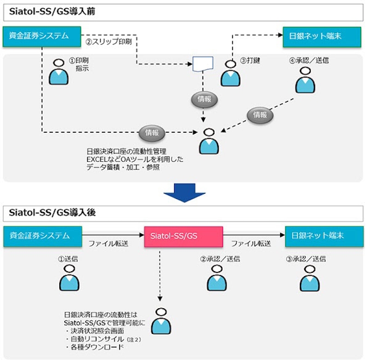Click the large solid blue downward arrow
coord(185,192)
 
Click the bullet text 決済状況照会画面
coord(97,330)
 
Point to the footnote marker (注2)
coord(133,339)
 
